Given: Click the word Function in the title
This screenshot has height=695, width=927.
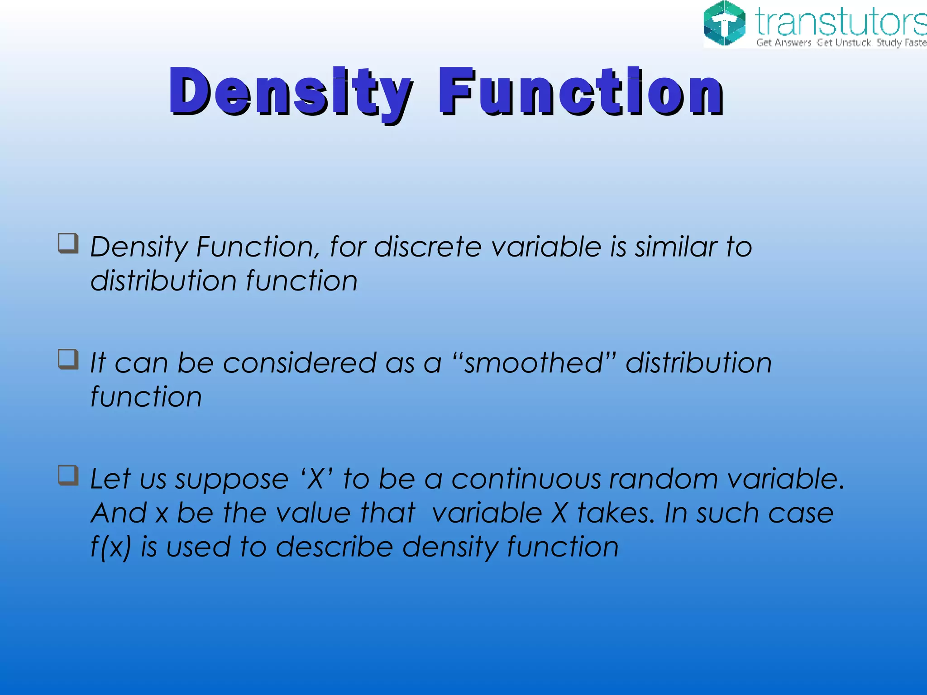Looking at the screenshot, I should coord(580,92).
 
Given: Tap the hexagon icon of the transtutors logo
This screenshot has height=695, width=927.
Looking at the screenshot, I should coord(724,24).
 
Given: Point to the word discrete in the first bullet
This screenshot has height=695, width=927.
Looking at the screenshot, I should coord(428,247).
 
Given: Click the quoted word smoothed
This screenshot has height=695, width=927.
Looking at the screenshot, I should coord(534,363).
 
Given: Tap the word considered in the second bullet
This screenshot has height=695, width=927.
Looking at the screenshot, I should coord(299,363).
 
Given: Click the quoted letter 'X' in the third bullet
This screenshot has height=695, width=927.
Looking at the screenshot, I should coord(316,479).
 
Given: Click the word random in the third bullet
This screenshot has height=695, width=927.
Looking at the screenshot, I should coord(664,479).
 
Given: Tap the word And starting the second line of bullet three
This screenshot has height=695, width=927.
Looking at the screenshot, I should coord(119,513).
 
